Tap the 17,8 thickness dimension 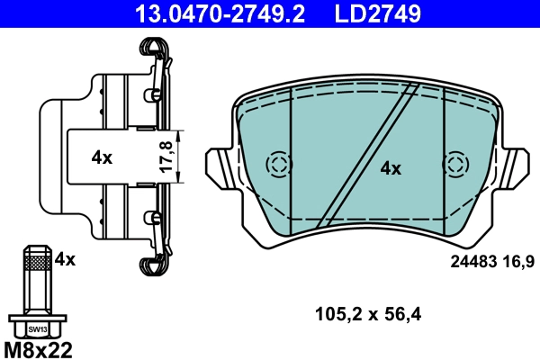pyautogui.click(x=165, y=157)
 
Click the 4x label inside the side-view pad pyautogui.click(x=102, y=157)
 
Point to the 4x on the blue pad pyautogui.click(x=390, y=167)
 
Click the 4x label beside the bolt pyautogui.click(x=65, y=259)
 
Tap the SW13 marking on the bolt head pyautogui.click(x=36, y=329)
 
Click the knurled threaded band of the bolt pyautogui.click(x=36, y=262)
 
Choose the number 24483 pyautogui.click(x=472, y=261)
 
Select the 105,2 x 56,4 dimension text pyautogui.click(x=367, y=314)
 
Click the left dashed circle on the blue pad pyautogui.click(x=279, y=164)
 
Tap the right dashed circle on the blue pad pyautogui.click(x=457, y=164)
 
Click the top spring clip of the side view pyautogui.click(x=154, y=54)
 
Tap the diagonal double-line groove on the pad pyautogui.click(x=369, y=153)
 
